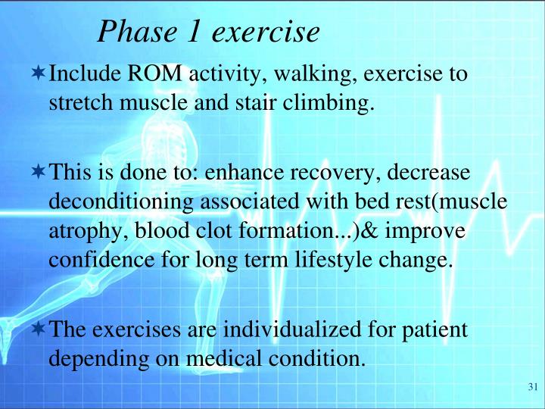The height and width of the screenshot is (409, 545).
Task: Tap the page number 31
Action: pos(531,388)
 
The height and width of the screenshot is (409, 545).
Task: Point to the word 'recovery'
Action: pos(335,173)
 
